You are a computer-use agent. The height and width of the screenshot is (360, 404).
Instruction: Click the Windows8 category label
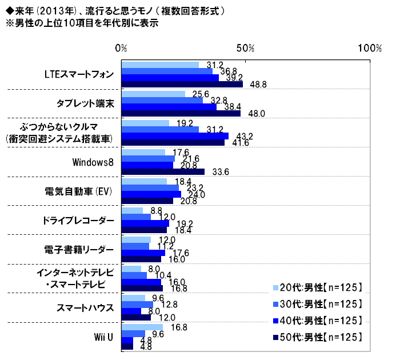(93, 162)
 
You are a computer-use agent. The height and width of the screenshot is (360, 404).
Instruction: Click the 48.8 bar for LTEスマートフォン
(182, 85)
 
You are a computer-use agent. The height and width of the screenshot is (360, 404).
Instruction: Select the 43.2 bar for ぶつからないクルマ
(175, 136)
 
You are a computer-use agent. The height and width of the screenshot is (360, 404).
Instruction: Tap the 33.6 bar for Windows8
(163, 171)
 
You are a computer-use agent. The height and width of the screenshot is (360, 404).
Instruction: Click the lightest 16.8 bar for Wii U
(143, 327)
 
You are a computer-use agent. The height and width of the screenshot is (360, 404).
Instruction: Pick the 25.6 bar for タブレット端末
(154, 94)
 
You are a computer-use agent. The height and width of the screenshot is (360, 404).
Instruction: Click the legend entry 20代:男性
(321, 287)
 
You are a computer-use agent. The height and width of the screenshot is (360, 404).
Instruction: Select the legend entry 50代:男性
(321, 338)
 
